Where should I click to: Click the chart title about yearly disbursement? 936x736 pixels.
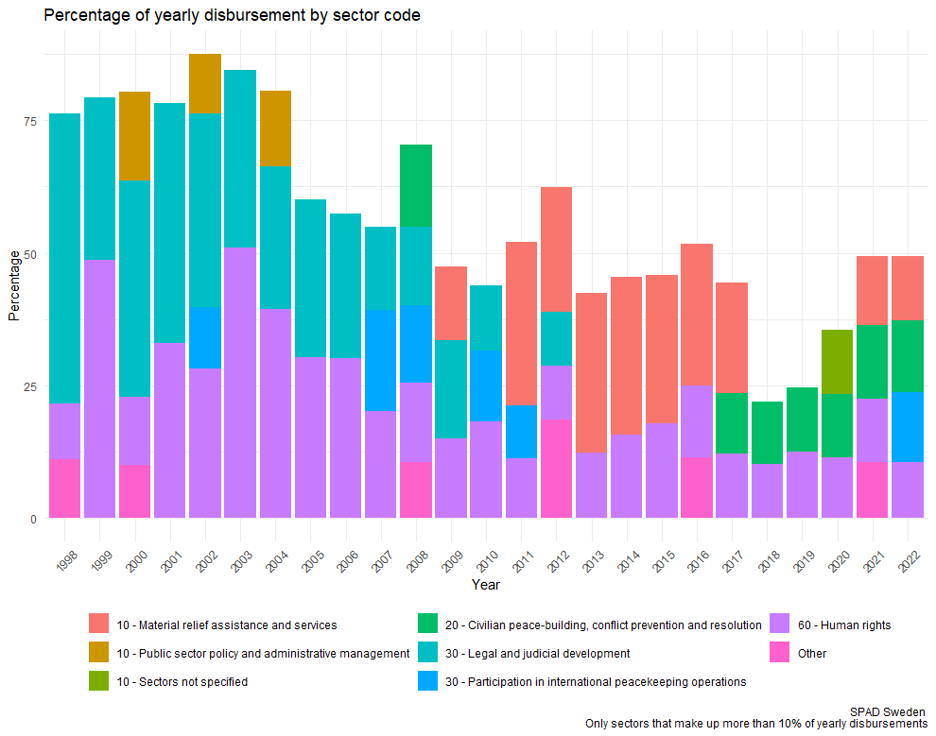[x=232, y=16]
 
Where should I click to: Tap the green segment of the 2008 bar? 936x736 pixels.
[x=416, y=185]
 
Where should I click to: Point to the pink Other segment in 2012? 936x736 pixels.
[x=556, y=469]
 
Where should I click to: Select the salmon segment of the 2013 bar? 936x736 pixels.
[x=591, y=373]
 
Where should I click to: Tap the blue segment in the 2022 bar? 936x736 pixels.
[x=907, y=427]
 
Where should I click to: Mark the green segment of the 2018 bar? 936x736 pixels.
[x=767, y=433]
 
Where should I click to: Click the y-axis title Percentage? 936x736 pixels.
[x=13, y=285]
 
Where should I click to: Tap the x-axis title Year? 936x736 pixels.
[x=486, y=585]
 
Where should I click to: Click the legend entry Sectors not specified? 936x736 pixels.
[x=182, y=681]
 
